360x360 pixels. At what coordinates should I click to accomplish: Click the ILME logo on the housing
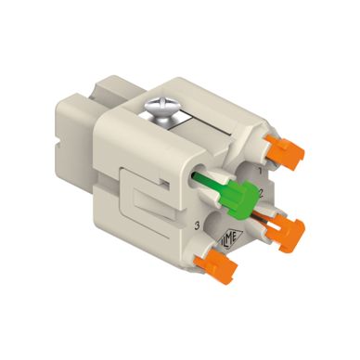(227, 238)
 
